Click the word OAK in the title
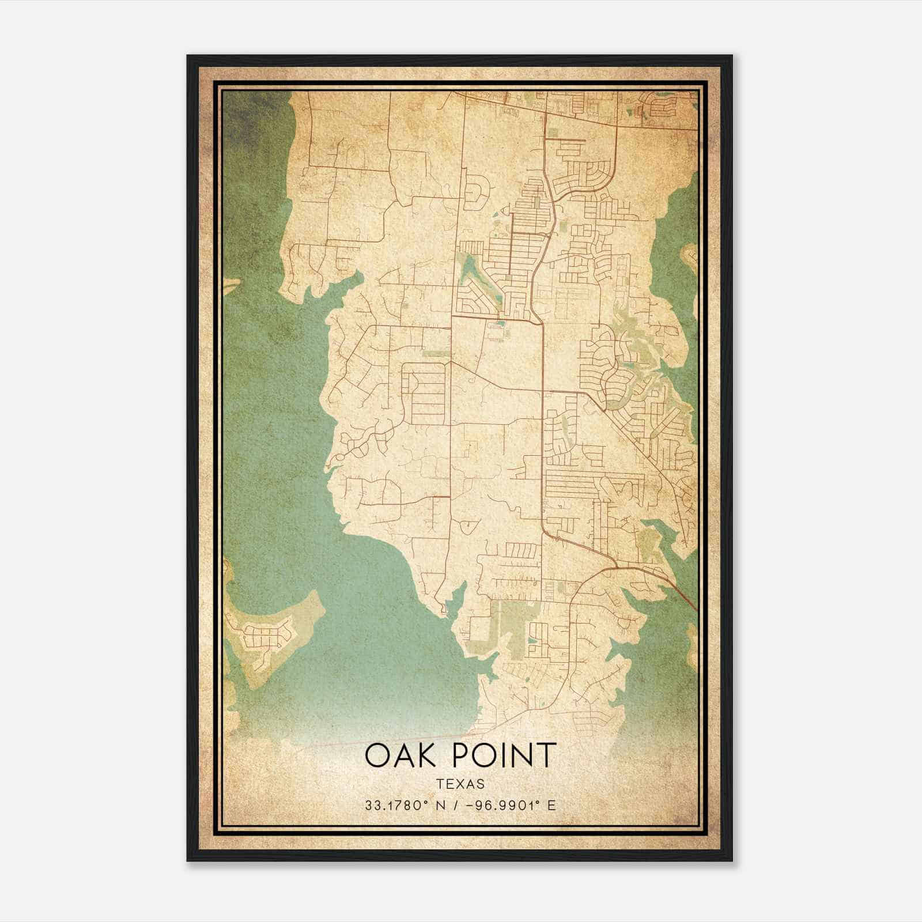coord(398,755)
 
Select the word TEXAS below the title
coord(460,784)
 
